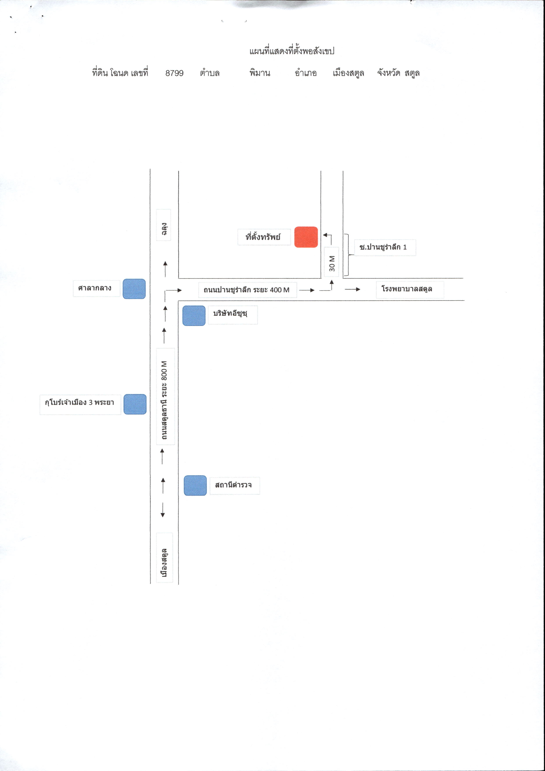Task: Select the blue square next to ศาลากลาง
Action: click(x=134, y=289)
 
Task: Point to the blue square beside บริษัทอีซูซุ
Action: click(x=194, y=316)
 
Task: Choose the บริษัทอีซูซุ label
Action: click(x=230, y=314)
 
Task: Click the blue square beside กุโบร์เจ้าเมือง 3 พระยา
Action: click(x=135, y=404)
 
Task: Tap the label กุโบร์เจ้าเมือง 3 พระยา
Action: click(x=80, y=402)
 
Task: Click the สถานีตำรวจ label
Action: click(x=233, y=485)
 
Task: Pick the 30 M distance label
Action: click(x=332, y=263)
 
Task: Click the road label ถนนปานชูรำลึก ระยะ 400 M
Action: click(x=246, y=290)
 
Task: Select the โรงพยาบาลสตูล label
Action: click(x=407, y=289)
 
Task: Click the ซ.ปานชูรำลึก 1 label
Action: click(x=383, y=247)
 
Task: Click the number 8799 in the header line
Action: click(x=175, y=73)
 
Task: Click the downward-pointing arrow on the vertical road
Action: click(x=163, y=510)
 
